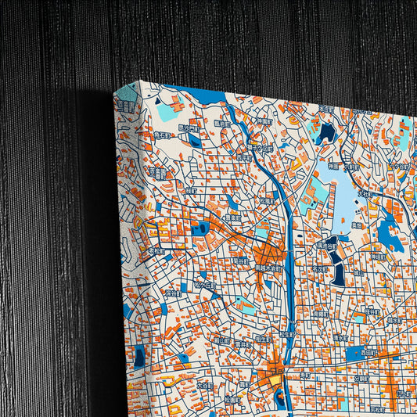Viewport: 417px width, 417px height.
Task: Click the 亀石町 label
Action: (164, 135)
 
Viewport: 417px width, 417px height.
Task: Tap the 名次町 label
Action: (320, 268)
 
